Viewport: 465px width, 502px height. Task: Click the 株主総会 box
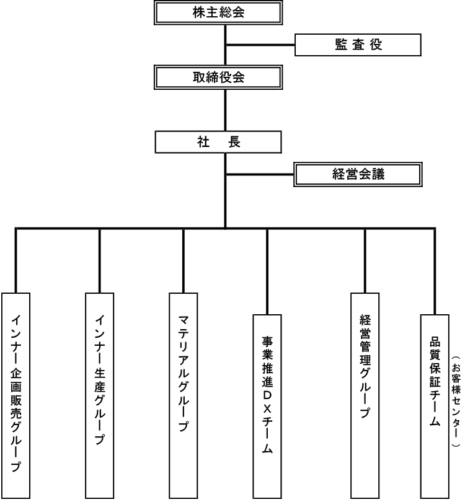click(218, 12)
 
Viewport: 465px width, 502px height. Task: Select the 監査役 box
click(358, 45)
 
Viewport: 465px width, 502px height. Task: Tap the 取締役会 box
click(218, 77)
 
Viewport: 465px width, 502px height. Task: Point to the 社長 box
click(218, 142)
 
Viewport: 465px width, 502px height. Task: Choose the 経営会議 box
click(358, 175)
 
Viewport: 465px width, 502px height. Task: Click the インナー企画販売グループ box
click(16, 395)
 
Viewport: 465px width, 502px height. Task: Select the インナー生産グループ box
click(100, 395)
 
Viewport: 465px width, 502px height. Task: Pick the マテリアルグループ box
click(184, 395)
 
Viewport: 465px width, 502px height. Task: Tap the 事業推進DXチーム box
click(267, 407)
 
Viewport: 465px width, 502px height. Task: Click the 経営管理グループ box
click(365, 395)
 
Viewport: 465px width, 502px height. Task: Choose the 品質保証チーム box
click(435, 407)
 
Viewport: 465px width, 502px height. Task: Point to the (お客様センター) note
click(456, 400)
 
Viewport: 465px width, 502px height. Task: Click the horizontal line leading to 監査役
click(260, 45)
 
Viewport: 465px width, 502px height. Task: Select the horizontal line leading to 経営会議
click(260, 175)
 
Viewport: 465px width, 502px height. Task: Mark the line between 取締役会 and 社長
click(226, 110)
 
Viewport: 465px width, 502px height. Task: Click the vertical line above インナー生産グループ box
click(100, 261)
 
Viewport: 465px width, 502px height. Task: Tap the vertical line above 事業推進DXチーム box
click(267, 272)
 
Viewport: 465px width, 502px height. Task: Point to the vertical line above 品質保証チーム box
click(435, 272)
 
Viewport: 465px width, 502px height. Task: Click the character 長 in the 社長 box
click(234, 142)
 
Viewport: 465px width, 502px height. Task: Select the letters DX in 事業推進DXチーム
click(267, 402)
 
